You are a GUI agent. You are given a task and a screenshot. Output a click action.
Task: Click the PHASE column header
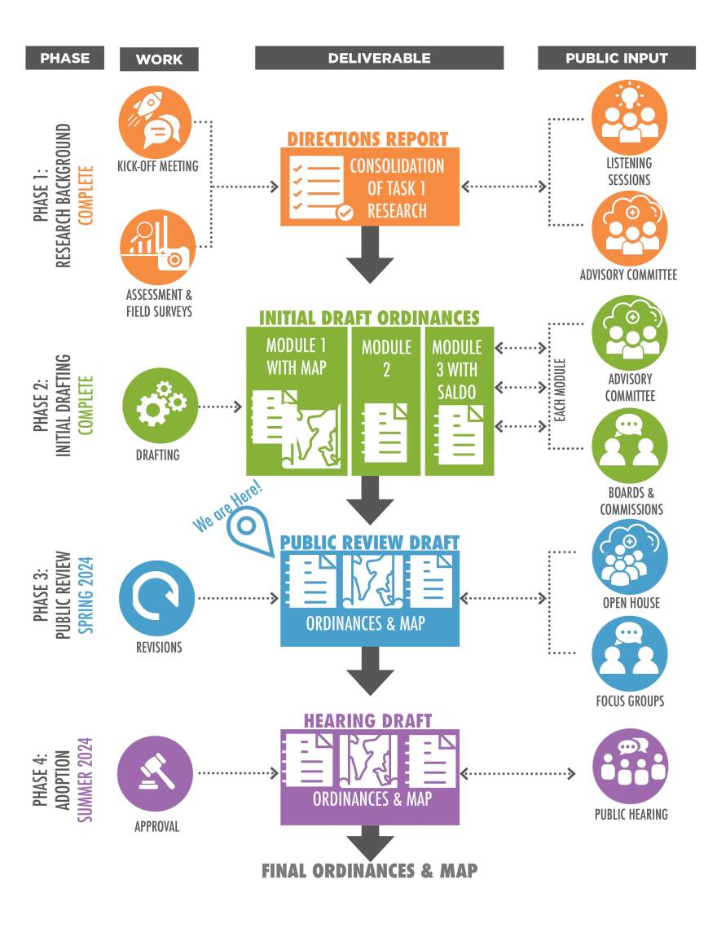64,58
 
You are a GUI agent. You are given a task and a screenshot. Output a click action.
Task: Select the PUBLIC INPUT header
617,58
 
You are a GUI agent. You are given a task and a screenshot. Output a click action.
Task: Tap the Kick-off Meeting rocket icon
155,121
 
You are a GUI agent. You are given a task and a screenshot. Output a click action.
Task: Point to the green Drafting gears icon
159,406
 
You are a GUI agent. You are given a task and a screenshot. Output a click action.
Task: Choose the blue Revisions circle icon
156,598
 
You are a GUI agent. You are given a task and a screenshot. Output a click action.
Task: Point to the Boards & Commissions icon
629,446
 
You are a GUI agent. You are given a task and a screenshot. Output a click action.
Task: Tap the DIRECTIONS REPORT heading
367,139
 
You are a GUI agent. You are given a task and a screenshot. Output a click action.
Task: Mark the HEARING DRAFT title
367,720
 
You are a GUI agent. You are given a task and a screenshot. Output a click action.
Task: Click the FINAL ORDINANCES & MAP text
369,870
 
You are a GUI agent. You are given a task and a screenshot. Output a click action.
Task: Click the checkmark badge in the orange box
345,213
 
